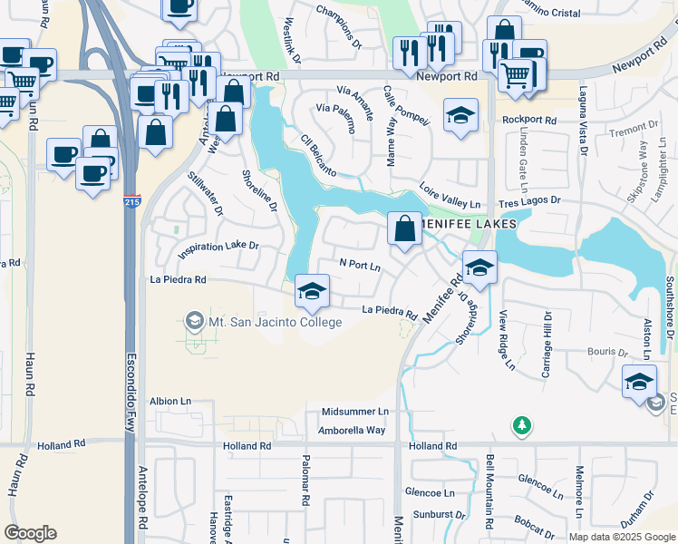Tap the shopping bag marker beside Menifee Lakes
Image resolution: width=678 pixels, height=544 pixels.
coord(405,229)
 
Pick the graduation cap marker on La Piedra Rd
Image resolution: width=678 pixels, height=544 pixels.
coord(312,291)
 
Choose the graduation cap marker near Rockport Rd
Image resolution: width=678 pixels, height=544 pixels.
coord(460,116)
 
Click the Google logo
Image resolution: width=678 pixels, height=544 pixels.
coord(31,532)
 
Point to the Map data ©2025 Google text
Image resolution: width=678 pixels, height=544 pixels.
coord(622,537)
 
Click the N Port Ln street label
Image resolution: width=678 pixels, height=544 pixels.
coord(360,265)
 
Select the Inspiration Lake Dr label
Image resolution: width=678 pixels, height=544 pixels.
coord(218,246)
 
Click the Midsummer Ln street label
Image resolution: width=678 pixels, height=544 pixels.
coord(354,412)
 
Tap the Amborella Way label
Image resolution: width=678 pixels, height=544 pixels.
coord(352,430)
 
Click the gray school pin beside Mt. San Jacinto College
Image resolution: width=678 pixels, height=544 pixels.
coord(192,322)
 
